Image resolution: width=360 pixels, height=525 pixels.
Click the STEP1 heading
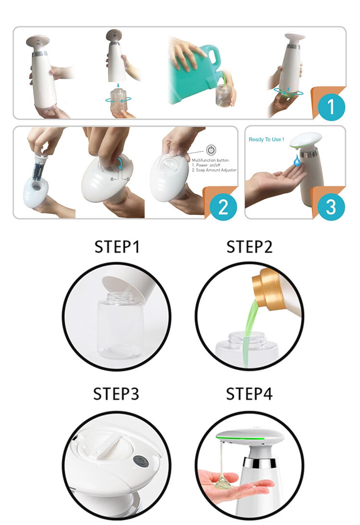click(117, 247)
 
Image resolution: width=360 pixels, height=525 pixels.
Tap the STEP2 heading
click(250, 247)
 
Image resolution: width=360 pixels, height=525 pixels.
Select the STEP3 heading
click(116, 394)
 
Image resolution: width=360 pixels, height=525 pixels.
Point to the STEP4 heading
click(250, 394)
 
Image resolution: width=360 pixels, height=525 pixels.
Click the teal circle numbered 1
click(331, 107)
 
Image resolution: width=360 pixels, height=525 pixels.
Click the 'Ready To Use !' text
click(266, 139)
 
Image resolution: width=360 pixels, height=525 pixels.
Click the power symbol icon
click(211, 150)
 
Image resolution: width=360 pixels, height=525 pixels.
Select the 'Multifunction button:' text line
click(211, 160)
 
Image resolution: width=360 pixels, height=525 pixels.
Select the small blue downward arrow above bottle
click(118, 85)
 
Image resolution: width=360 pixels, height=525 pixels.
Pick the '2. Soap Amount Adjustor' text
click(215, 170)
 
